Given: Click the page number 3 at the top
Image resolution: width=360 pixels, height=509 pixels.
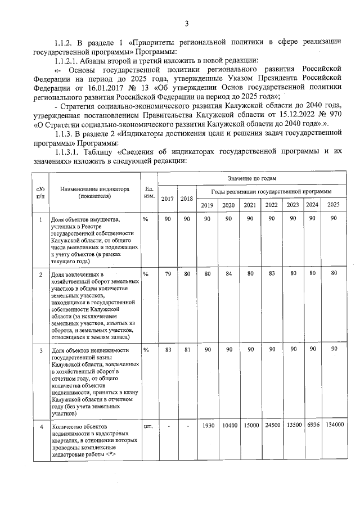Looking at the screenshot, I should [x=186, y=23].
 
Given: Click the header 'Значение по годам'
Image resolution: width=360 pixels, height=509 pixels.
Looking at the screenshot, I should [x=252, y=178].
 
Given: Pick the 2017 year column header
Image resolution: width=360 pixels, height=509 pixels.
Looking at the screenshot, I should [x=168, y=199].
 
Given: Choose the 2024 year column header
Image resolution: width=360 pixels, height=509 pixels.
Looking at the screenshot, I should [x=312, y=205].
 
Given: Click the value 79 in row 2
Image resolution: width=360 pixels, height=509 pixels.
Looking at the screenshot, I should [x=168, y=273].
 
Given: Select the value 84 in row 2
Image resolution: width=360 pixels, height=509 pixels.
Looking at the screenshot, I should [x=228, y=273].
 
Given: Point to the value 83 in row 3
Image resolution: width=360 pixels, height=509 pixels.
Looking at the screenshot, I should [x=168, y=350].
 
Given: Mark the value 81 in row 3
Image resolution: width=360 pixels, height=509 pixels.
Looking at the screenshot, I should [x=187, y=350].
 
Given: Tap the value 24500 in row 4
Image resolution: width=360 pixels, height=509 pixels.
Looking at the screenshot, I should [x=272, y=426].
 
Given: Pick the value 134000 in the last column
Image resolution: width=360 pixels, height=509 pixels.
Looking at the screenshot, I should [x=334, y=426].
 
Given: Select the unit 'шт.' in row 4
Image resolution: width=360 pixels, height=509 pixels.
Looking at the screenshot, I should [x=148, y=426].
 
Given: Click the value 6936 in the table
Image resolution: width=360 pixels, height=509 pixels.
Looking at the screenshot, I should [x=312, y=426].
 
